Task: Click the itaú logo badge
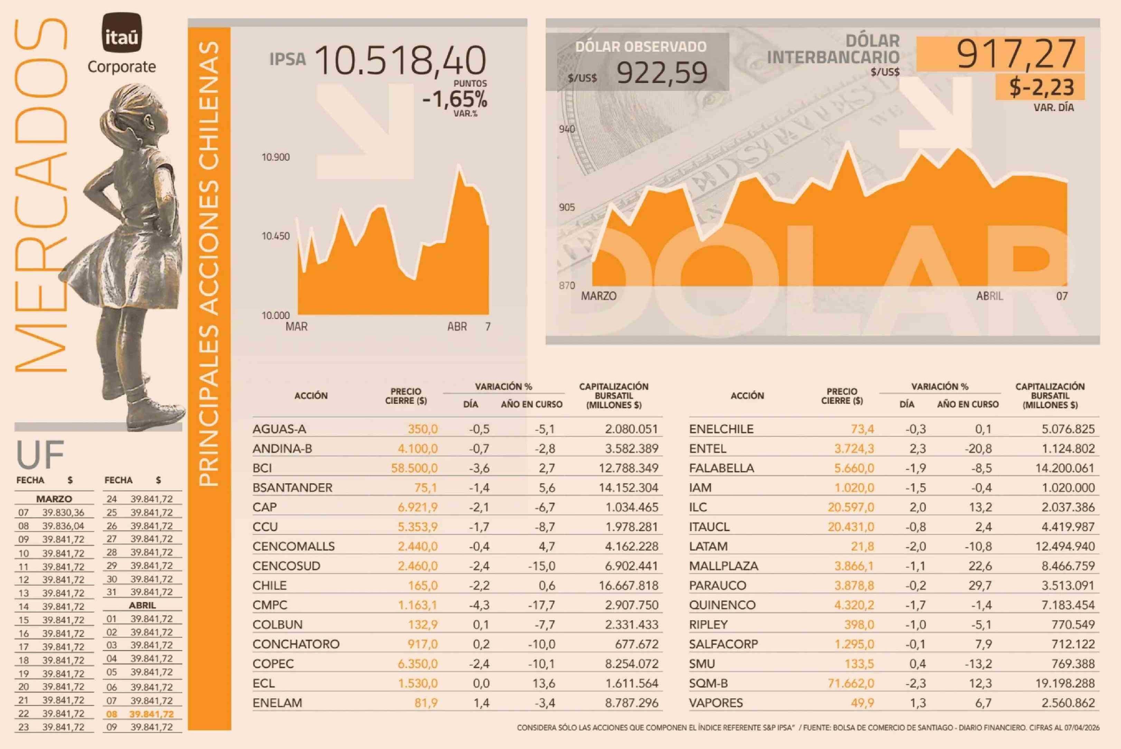point(122,33)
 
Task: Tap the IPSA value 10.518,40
point(401,61)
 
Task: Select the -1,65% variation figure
point(454,100)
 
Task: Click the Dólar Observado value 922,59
point(662,73)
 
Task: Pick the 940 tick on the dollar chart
point(567,129)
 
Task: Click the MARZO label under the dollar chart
point(599,296)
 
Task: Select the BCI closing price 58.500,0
point(414,468)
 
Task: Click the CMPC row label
point(270,605)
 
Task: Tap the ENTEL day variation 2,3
point(917,448)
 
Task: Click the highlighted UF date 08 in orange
point(111,714)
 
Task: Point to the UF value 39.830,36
point(63,513)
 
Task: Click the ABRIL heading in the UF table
point(142,605)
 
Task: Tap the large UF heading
point(40,455)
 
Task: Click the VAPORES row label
point(716,703)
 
